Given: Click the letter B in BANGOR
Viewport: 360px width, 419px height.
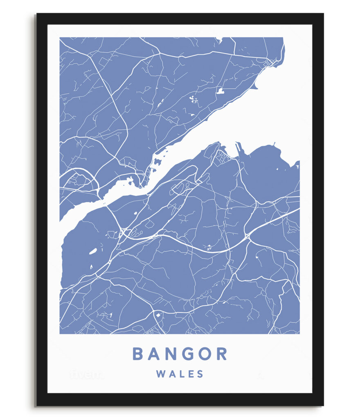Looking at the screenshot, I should point(138,354).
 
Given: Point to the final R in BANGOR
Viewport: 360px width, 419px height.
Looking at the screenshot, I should point(222,354).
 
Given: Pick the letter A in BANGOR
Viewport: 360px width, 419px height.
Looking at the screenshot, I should point(155,354).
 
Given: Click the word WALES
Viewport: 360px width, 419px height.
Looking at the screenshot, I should point(180,374).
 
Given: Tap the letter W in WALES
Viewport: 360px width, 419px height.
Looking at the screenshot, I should point(160,374).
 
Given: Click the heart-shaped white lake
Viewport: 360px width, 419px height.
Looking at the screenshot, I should point(220,91).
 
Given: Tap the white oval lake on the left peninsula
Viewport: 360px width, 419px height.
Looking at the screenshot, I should point(93,251).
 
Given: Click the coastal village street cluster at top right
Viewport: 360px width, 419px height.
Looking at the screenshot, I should point(270,63).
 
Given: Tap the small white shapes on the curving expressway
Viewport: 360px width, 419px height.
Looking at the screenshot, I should point(209,247).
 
